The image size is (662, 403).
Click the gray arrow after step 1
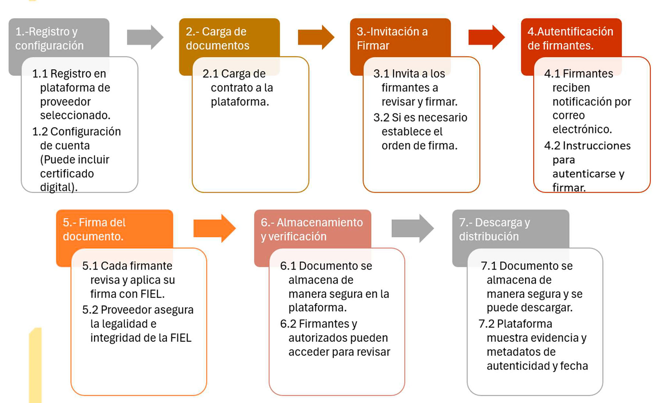click(x=145, y=37)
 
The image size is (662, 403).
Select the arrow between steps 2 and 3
click(x=316, y=37)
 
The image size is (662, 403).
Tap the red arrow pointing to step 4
click(x=487, y=37)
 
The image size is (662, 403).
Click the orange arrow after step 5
click(x=214, y=228)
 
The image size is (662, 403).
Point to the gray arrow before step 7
click(x=413, y=228)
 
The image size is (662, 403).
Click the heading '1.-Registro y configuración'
click(x=49, y=39)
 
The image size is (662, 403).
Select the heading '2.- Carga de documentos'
click(x=217, y=39)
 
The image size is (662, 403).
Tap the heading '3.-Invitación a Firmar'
click(x=392, y=39)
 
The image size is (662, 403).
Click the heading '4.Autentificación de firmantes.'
click(x=570, y=39)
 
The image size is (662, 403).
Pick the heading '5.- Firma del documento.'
click(x=94, y=229)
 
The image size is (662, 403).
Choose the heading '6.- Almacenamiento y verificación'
click(x=312, y=229)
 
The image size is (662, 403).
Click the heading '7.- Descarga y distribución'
click(x=494, y=229)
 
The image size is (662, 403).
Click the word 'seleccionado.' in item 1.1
click(x=75, y=115)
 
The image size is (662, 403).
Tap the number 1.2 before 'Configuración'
click(x=40, y=132)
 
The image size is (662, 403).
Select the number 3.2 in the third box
click(x=381, y=118)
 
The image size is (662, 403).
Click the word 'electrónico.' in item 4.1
click(x=582, y=129)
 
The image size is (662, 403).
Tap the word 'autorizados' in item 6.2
click(x=317, y=338)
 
